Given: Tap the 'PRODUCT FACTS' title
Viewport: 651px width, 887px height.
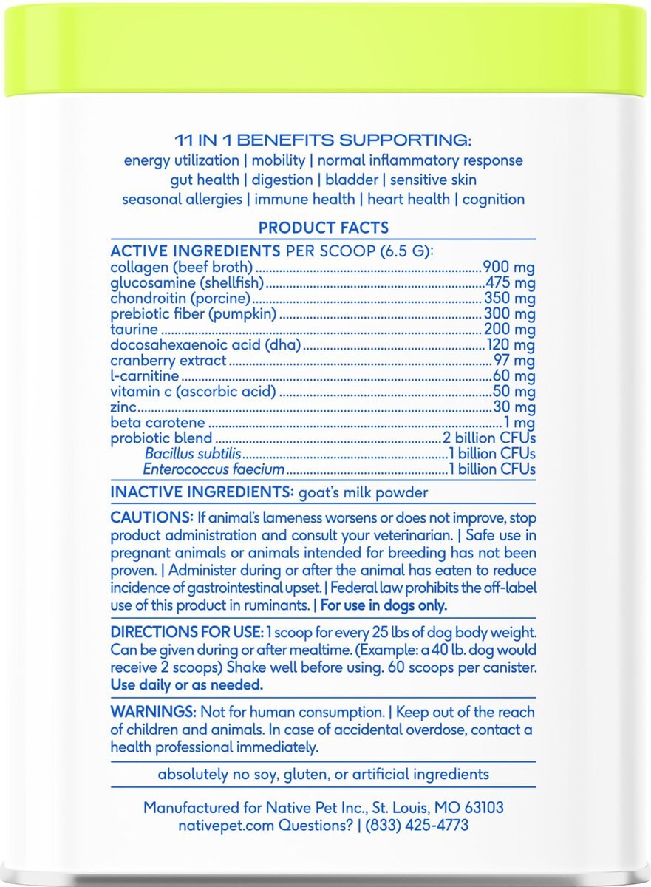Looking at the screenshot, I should [x=323, y=228].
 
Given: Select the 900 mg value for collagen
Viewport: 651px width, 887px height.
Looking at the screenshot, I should [x=508, y=268].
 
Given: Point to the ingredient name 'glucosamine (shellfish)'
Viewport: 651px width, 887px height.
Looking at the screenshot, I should [x=187, y=283].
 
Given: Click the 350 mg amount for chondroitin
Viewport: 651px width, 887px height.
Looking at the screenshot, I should [x=508, y=299].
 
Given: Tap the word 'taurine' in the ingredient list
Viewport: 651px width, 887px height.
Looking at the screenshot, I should [x=134, y=330].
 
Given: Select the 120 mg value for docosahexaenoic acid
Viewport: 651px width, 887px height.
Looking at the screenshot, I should [x=510, y=345].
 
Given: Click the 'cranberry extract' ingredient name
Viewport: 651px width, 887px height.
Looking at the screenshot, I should [x=168, y=361].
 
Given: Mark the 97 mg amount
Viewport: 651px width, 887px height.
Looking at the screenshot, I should [x=514, y=361].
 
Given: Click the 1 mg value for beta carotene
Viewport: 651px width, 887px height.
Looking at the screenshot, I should [x=520, y=423].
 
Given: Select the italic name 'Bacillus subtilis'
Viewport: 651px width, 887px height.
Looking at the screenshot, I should [x=193, y=454].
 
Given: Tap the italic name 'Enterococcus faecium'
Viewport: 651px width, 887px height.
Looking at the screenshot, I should [x=214, y=469].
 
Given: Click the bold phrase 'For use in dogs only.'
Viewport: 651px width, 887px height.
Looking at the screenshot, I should [x=383, y=605].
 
